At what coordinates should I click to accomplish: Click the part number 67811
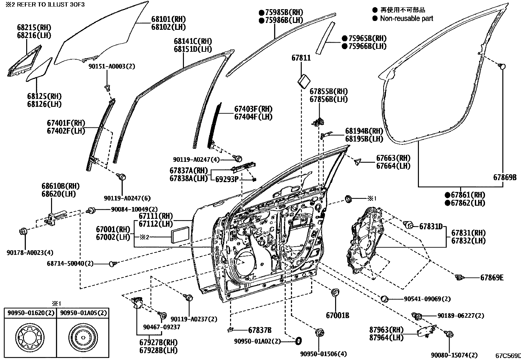coord(301,58)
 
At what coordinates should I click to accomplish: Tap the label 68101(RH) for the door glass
coord(168,19)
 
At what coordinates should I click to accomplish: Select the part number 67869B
coord(505,178)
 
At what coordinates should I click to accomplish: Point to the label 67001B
coord(337,315)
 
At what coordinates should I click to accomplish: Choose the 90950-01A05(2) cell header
coord(83,313)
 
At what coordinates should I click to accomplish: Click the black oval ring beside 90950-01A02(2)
coord(298,341)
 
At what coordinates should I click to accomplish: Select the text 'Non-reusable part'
coord(406,18)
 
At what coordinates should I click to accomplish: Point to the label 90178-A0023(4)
coord(30,253)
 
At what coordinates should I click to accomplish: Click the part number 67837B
coord(260,330)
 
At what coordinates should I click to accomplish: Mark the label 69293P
coord(227,180)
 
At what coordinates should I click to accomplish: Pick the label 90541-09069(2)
coord(427,299)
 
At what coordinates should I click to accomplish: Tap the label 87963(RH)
coord(386,330)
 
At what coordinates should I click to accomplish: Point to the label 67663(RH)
coord(393,158)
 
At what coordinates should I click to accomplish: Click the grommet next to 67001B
coord(335,293)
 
